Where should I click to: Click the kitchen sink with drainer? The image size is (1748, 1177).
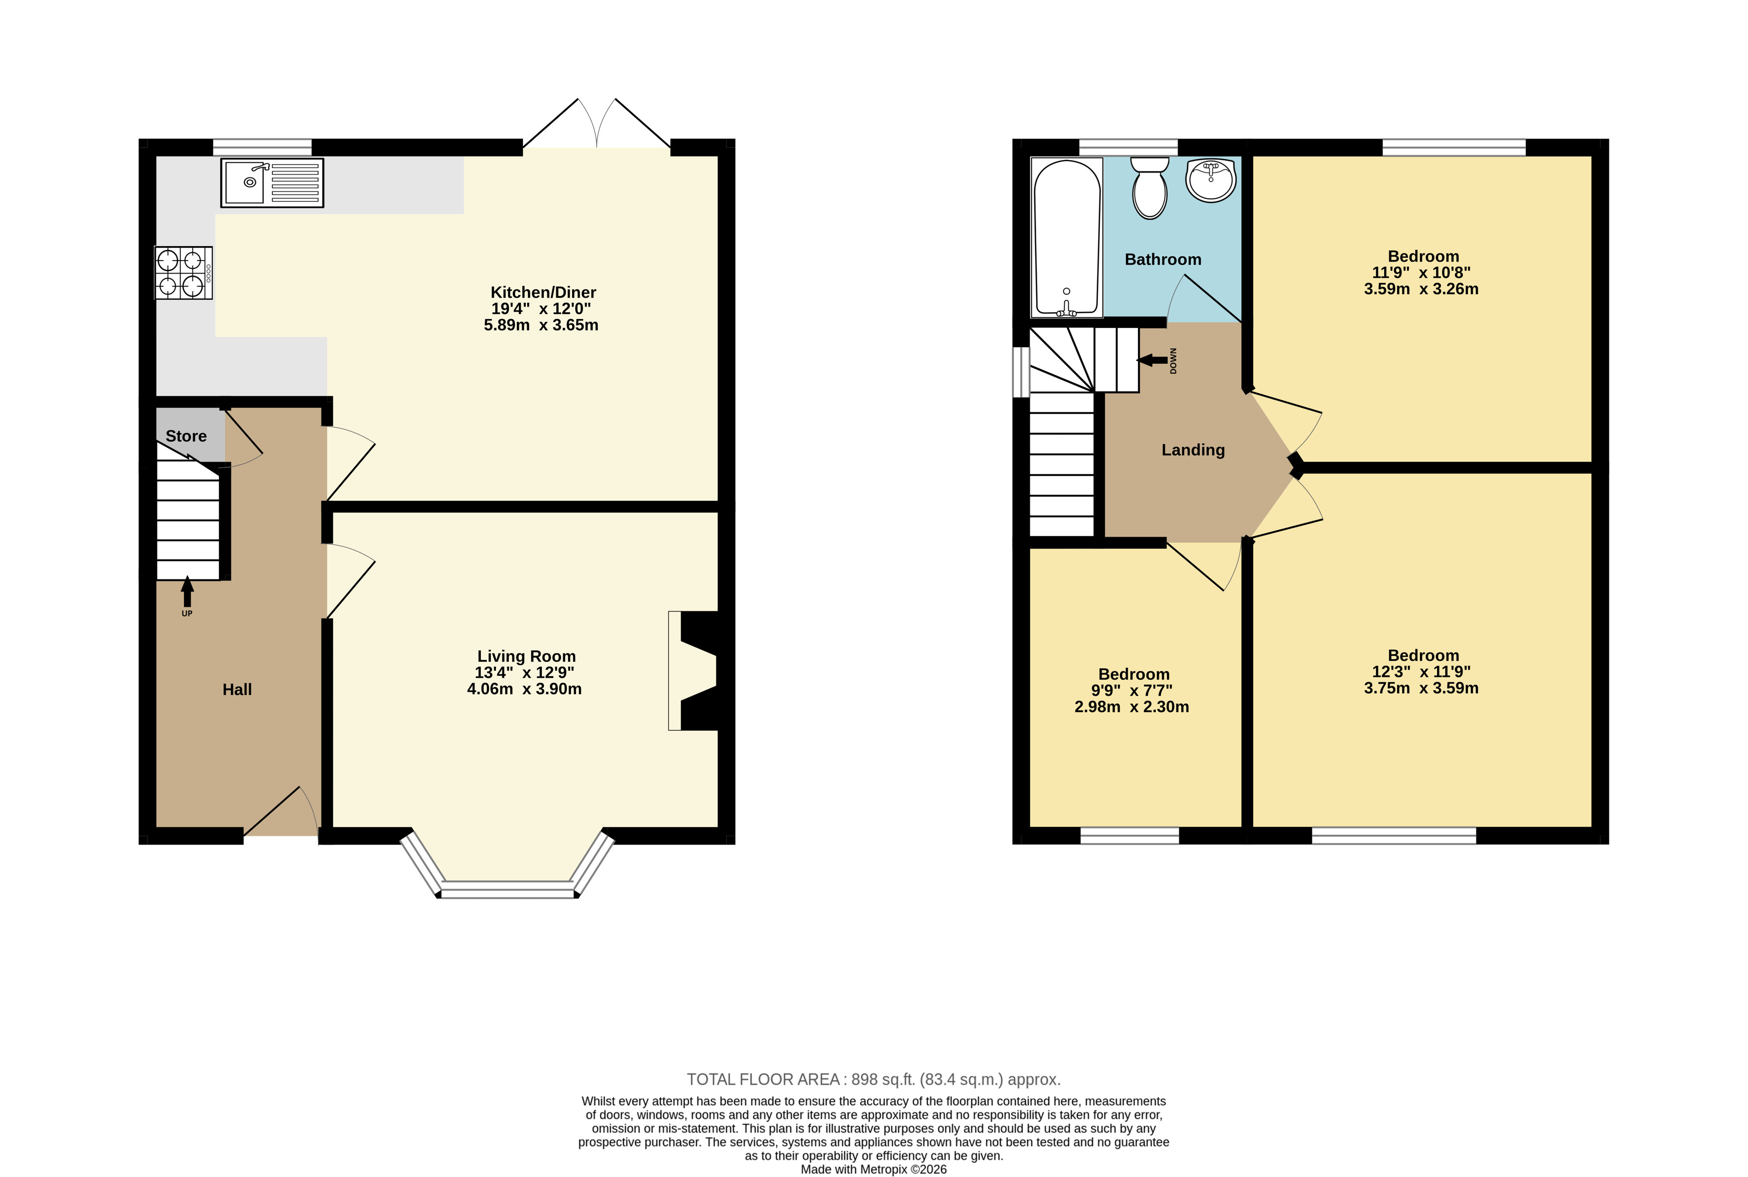pos(272,182)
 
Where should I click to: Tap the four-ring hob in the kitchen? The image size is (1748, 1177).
pos(183,273)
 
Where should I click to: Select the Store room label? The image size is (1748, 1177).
pos(186,436)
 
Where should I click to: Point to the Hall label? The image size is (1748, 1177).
pos(237,690)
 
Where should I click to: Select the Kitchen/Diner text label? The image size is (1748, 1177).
pos(544,293)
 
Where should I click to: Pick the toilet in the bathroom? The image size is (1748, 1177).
pos(1149,188)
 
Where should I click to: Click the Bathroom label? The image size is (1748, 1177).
pos(1163,260)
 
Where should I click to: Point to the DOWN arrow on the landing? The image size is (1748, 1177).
pos(1152,360)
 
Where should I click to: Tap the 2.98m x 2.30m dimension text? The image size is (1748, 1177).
pos(1131,707)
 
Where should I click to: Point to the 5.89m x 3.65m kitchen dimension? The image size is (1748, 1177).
pos(541,325)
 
